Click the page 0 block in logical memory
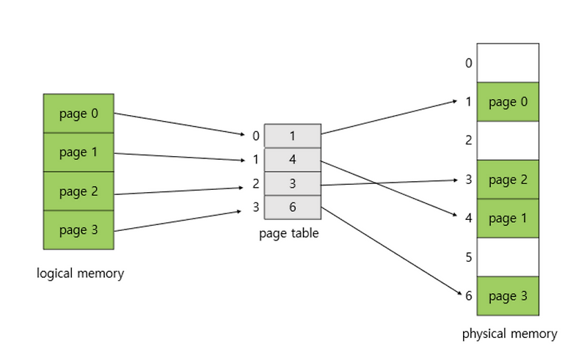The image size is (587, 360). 79,113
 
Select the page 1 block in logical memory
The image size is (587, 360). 79,153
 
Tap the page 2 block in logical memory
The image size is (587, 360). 79,191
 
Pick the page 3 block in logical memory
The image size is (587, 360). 79,230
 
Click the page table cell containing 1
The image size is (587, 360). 292,136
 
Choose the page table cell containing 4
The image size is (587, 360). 292,160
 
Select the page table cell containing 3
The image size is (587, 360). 292,183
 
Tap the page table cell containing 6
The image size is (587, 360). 292,207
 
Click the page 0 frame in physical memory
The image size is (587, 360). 508,102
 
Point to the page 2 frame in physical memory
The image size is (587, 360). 508,180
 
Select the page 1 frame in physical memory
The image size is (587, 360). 508,218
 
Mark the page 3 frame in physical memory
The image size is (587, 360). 508,296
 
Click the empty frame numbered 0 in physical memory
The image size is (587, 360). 508,63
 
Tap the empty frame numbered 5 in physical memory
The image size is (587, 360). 508,257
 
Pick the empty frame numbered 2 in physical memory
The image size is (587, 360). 508,141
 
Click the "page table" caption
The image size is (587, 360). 289,233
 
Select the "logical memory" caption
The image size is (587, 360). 80,273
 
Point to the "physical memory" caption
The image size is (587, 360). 509,334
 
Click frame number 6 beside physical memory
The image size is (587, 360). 468,296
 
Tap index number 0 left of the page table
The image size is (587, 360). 255,136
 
